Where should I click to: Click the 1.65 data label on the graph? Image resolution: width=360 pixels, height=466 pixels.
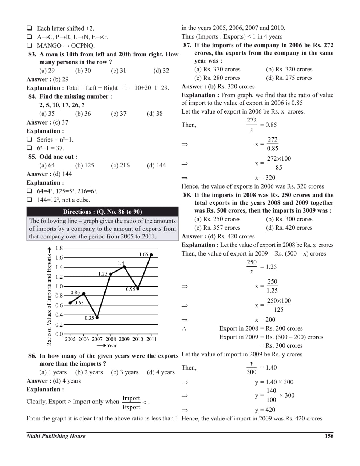[x=143, y=254]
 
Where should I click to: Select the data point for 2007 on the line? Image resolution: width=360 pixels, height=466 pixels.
[x=97, y=317]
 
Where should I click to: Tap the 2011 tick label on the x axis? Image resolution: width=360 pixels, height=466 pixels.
[x=151, y=339]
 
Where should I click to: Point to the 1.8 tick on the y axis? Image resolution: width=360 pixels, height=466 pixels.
[x=59, y=248]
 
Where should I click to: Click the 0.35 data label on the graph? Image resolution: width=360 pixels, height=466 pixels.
[x=89, y=318]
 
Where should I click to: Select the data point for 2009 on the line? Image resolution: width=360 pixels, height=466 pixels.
[x=124, y=267]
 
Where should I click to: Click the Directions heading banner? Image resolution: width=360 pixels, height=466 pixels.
[x=102, y=212]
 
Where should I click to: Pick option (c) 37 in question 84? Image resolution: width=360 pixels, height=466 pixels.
[x=119, y=114]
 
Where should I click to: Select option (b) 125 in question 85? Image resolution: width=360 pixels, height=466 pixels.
[x=84, y=165]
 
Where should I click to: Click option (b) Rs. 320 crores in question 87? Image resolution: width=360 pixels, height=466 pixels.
[x=289, y=69]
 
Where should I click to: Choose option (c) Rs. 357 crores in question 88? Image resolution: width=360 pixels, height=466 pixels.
[x=217, y=228]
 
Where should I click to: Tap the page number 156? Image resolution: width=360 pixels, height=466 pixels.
[x=329, y=436]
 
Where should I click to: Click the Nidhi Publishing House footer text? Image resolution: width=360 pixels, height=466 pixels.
[x=56, y=436]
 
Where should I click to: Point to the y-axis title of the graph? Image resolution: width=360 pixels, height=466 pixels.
[x=49, y=296]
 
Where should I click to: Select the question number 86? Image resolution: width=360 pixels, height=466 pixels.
[x=32, y=356]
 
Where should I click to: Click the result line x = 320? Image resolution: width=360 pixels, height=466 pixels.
[x=265, y=178]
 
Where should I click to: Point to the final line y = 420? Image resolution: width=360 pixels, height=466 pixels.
[x=265, y=410]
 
